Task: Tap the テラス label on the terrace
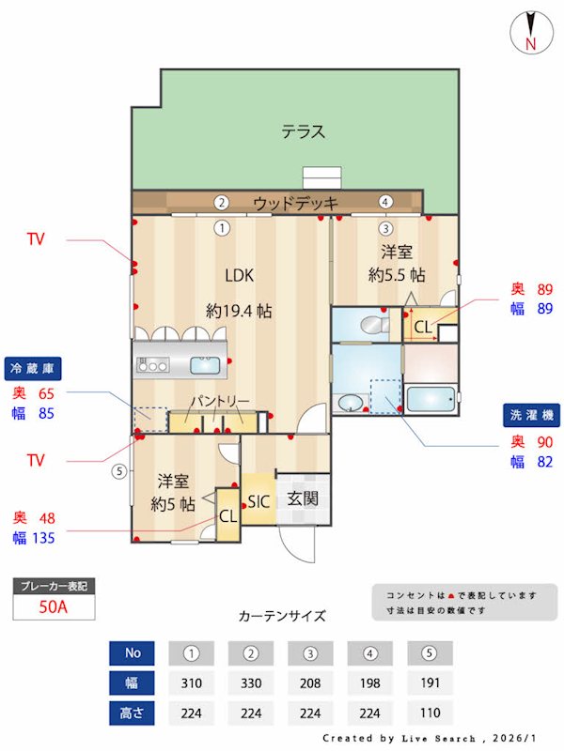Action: click(304, 132)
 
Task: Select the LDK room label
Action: click(239, 275)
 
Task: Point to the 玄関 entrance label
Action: click(303, 498)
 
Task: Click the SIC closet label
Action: click(258, 501)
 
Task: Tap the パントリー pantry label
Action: click(220, 402)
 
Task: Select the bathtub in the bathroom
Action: click(431, 399)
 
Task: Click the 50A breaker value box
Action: click(54, 606)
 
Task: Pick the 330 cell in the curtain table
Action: click(251, 682)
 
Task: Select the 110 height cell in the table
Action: click(430, 712)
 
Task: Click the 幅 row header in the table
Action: click(131, 682)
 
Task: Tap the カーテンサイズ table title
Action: click(282, 617)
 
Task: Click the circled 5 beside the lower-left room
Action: click(117, 471)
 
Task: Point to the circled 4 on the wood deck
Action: click(384, 202)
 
